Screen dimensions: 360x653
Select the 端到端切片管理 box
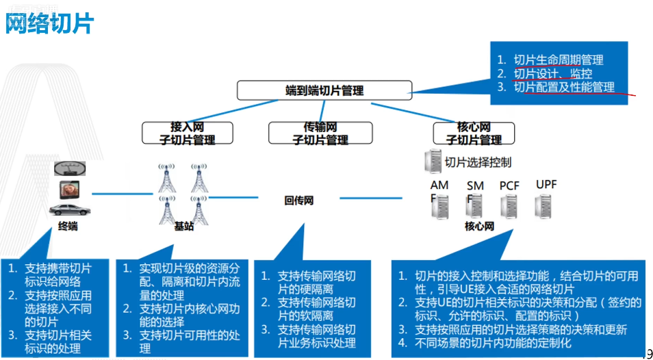tap(324, 90)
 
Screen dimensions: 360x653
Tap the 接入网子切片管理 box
tap(187, 133)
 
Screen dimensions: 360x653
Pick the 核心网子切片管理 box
tap(474, 133)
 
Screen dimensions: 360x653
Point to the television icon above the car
tap(70, 188)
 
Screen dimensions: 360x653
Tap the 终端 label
tap(68, 226)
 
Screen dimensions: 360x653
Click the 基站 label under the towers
tap(183, 227)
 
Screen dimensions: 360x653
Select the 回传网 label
tap(298, 201)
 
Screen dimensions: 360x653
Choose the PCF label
tap(509, 185)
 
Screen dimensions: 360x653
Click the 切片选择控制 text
tap(478, 163)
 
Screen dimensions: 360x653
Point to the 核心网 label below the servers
tap(478, 227)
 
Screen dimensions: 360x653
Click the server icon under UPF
tap(544, 206)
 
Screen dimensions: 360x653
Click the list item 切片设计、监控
tap(553, 74)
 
